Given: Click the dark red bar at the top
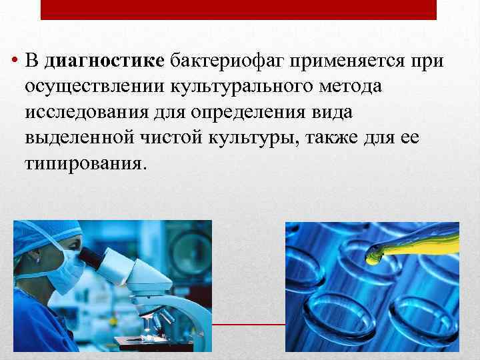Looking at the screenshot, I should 239,9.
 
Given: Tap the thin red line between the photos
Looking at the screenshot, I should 248,325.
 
